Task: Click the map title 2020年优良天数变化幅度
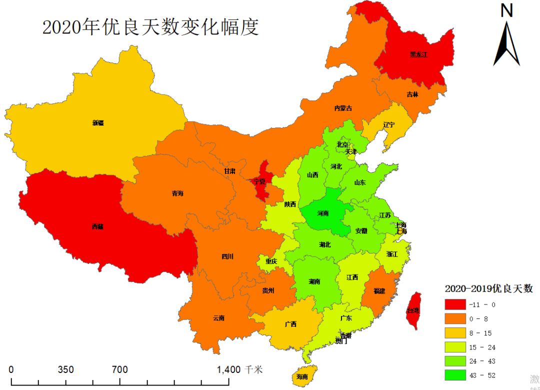point(150,27)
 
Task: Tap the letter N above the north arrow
point(506,10)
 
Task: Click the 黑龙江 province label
point(418,54)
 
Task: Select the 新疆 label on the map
point(98,122)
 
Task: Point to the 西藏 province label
point(98,226)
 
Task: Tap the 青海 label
point(177,193)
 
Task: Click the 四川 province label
point(227,256)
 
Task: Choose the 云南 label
point(218,317)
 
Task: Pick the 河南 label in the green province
point(323,213)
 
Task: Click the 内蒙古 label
point(343,108)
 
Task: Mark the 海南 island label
point(302,376)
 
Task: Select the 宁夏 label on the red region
point(259,181)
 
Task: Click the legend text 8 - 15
point(481,332)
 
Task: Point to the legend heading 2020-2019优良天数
point(488,288)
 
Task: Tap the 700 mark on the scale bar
point(119,370)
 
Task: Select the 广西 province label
point(290,324)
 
